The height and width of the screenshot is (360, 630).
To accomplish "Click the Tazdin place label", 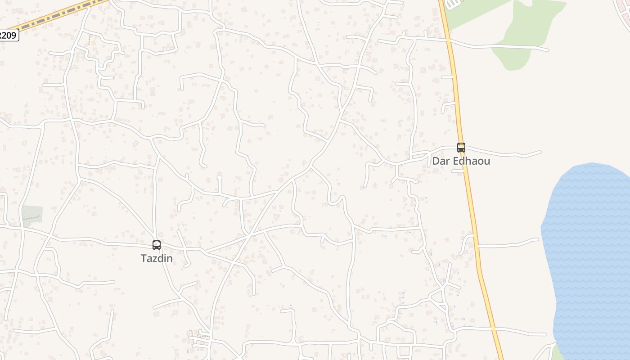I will (157, 259).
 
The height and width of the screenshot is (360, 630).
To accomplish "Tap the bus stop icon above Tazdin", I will (157, 245).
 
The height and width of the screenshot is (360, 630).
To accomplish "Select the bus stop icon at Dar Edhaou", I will (461, 147).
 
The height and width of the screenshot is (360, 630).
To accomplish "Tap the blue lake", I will (589, 252).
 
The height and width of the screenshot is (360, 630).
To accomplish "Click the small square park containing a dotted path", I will (32, 215).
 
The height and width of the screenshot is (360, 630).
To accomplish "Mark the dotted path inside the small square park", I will (32, 219).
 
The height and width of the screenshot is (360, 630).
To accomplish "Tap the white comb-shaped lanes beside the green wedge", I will (452, 4).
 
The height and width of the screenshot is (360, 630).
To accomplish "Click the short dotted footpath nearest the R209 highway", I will (90, 40).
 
